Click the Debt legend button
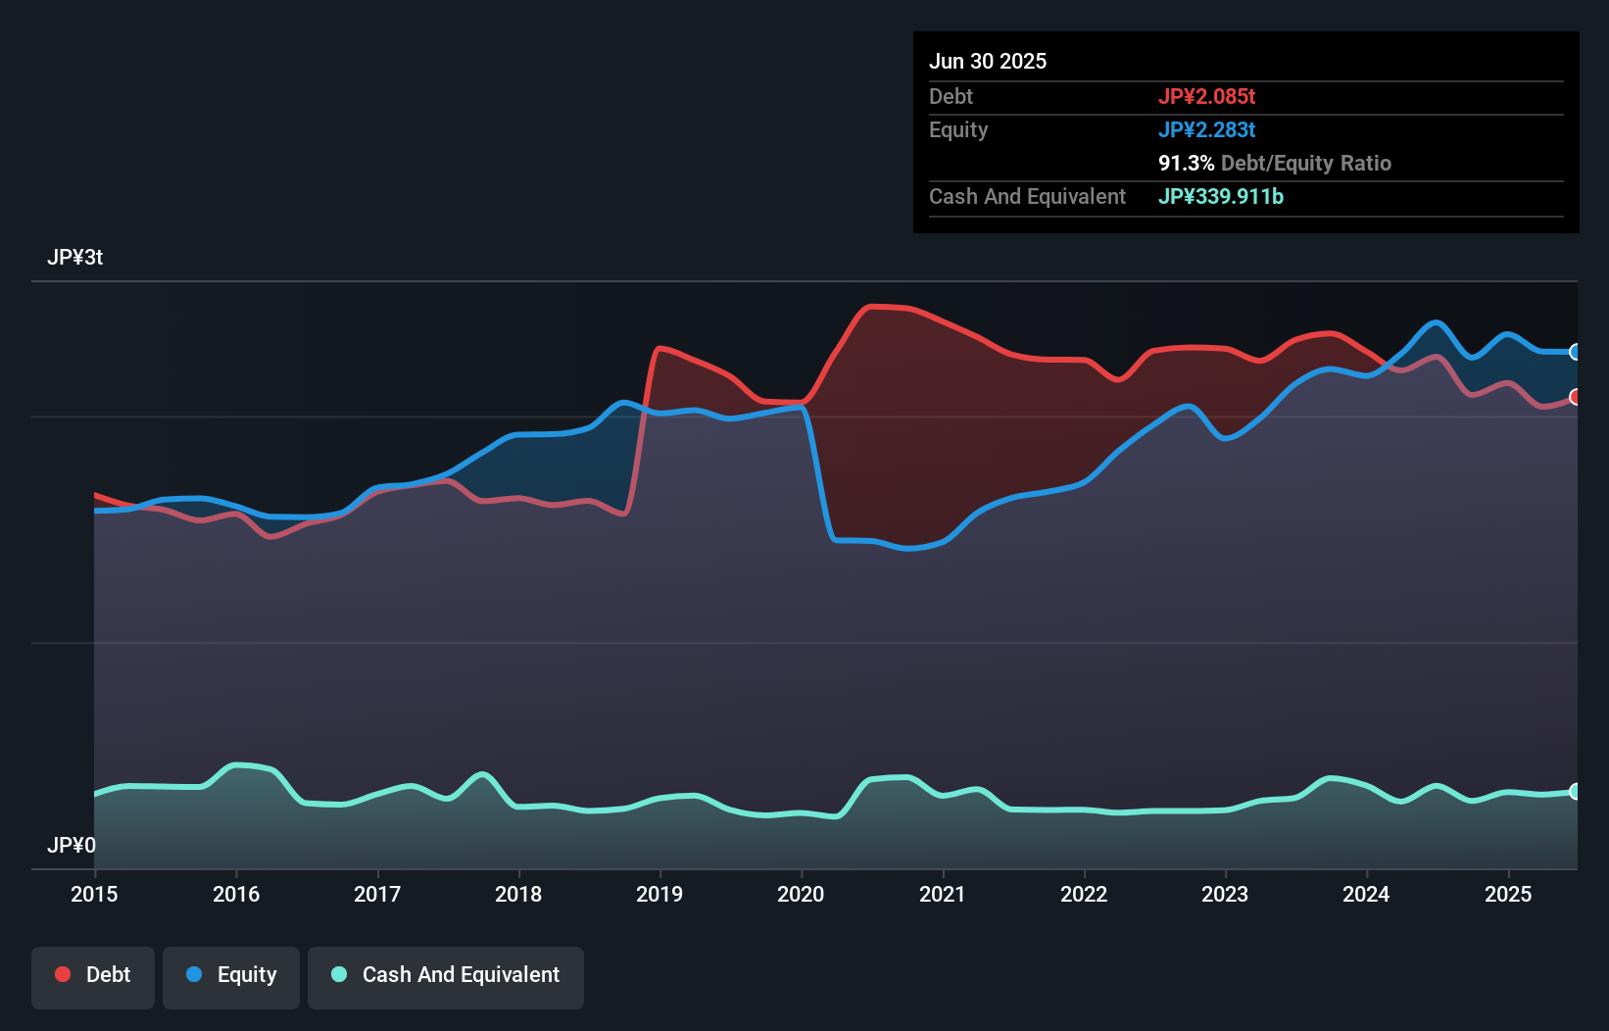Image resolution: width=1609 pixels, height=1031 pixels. pyautogui.click(x=93, y=975)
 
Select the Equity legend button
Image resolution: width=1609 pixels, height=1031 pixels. pyautogui.click(x=231, y=975)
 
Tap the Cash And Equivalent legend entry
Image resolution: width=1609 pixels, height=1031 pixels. pyautogui.click(x=446, y=975)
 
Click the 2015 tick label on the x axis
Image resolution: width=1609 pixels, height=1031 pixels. pyautogui.click(x=94, y=894)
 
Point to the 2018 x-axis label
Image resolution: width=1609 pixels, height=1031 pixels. pyautogui.click(x=518, y=894)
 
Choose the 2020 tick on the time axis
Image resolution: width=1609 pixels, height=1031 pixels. pyautogui.click(x=801, y=894)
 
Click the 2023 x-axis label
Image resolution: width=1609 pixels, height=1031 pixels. pyautogui.click(x=1225, y=894)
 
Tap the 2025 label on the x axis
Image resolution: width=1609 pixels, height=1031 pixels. pyautogui.click(x=1508, y=894)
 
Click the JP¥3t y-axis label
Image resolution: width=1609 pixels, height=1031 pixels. pyautogui.click(x=74, y=258)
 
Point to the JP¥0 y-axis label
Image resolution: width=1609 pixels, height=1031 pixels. pyautogui.click(x=72, y=845)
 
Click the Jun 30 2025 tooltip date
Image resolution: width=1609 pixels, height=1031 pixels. pyautogui.click(x=988, y=62)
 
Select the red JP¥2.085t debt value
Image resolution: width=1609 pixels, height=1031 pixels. pyautogui.click(x=1206, y=96)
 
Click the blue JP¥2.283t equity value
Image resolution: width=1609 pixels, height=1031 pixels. pyautogui.click(x=1206, y=129)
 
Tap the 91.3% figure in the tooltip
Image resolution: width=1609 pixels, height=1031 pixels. pyautogui.click(x=1186, y=163)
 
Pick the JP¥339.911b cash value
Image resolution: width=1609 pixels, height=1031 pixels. pyautogui.click(x=1220, y=196)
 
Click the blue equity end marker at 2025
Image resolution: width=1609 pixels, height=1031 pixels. pyautogui.click(x=1575, y=352)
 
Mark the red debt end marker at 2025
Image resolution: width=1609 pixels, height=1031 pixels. pyautogui.click(x=1575, y=397)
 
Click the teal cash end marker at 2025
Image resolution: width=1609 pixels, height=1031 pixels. pyautogui.click(x=1575, y=791)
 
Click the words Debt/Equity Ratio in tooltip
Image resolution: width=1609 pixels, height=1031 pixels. pyautogui.click(x=1306, y=163)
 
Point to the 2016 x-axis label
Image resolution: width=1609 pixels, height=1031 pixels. pyautogui.click(x=236, y=894)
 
